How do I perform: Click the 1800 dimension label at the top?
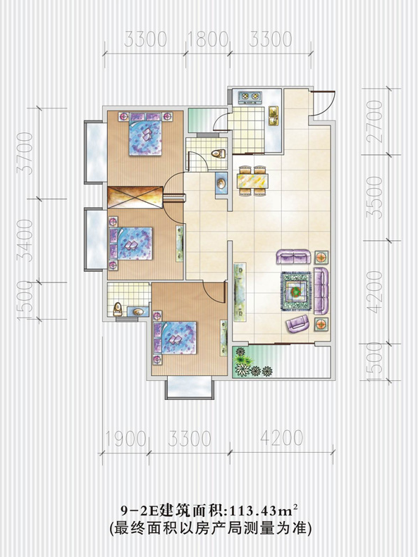pos(207,39)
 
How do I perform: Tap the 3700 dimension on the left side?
pos(25,153)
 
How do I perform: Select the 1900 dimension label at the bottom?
pos(125,439)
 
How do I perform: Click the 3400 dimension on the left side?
pos(25,240)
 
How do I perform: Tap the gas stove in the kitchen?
pos(250,96)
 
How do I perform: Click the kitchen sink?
pos(273,115)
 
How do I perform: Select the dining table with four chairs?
pos(254,180)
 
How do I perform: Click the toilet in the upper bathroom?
pos(219,154)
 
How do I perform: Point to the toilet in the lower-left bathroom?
pos(118,309)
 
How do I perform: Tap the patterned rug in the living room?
pos(296,292)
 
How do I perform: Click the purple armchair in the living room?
pos(298,323)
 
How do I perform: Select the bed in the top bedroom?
pos(146,134)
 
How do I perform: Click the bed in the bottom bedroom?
pos(175,338)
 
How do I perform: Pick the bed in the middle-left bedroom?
pos(131,244)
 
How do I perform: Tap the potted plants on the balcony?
pos(250,363)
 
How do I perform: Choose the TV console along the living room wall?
pos(240,292)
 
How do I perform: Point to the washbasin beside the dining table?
pos(221,183)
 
